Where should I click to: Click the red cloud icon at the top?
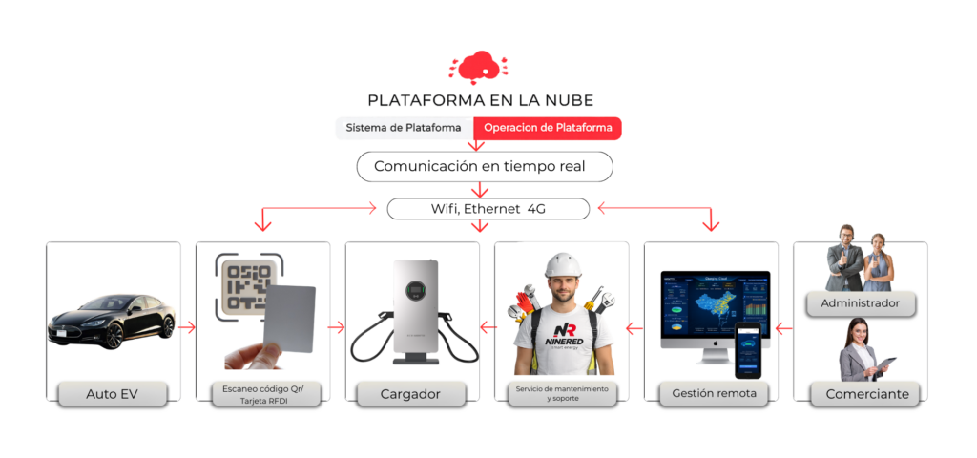point(479,68)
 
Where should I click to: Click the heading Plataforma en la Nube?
point(480,100)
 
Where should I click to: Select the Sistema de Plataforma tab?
point(404,128)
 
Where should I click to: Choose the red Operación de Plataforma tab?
point(548,128)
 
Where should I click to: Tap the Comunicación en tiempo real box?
point(485,166)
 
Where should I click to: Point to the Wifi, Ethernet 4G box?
point(488,208)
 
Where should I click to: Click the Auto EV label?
point(113,393)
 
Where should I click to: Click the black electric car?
point(112,323)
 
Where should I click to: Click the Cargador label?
point(411,393)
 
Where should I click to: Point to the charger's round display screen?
point(415,282)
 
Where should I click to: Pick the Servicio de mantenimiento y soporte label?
point(561,393)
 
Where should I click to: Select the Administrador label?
point(860,304)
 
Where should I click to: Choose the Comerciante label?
point(860,393)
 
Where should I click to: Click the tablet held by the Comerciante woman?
point(886,364)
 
